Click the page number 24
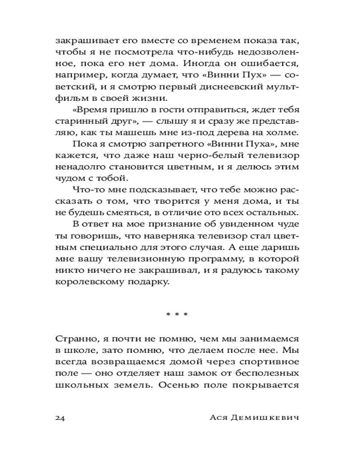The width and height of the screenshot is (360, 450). tap(61, 417)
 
